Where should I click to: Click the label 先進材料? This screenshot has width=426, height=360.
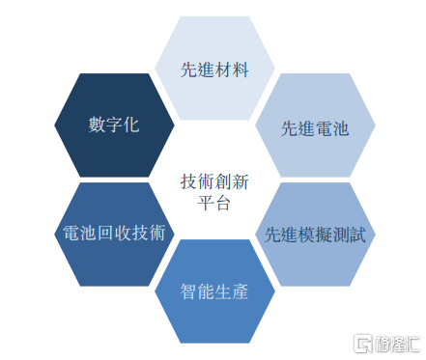click(x=214, y=69)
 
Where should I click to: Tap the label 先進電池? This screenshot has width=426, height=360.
click(x=315, y=129)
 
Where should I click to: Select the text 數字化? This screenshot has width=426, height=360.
click(x=114, y=125)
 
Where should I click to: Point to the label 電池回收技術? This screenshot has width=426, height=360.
click(x=114, y=233)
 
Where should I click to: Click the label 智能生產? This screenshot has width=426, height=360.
click(x=214, y=291)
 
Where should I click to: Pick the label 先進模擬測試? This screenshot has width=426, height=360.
click(x=315, y=235)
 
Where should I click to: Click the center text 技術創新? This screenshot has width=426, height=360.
click(x=214, y=181)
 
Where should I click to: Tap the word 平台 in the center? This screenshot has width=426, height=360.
click(x=214, y=203)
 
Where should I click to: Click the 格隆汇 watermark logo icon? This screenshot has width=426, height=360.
click(x=363, y=344)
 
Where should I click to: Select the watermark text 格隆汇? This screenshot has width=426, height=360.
click(x=398, y=344)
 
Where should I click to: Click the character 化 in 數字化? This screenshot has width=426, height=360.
click(x=131, y=125)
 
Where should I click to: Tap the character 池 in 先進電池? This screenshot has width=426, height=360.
click(x=341, y=129)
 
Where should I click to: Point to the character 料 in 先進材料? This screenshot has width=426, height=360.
click(x=241, y=69)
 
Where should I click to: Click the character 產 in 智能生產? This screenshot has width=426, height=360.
click(x=241, y=291)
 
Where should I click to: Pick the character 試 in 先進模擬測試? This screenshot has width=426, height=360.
click(x=357, y=235)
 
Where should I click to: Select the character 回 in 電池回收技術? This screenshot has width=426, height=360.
click(x=105, y=233)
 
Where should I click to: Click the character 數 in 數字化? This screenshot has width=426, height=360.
click(x=97, y=125)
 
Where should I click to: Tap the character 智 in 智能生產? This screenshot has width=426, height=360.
click(x=188, y=291)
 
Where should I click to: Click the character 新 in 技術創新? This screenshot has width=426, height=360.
click(x=241, y=181)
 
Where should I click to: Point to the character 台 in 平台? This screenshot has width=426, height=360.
click(x=223, y=203)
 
